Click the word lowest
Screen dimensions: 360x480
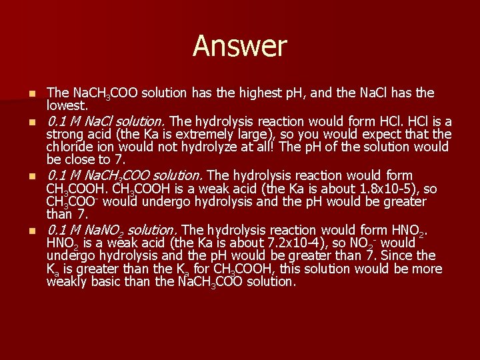pyautogui.click(x=66, y=105)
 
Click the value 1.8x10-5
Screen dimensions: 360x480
pyautogui.click(x=378, y=189)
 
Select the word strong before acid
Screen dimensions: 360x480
pyautogui.click(x=65, y=134)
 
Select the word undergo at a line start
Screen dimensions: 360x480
pyautogui.click(x=71, y=256)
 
